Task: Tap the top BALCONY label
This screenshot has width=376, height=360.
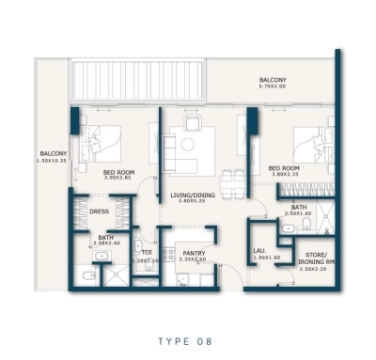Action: [x=274, y=80]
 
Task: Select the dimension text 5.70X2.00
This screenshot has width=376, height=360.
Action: [x=274, y=88]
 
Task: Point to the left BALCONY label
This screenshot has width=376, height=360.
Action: [x=53, y=153]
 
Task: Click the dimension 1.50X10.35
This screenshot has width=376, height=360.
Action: [x=53, y=161]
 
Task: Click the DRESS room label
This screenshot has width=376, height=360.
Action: [x=99, y=211]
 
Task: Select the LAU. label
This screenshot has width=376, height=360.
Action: [x=260, y=249]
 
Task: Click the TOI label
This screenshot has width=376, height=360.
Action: [x=147, y=252]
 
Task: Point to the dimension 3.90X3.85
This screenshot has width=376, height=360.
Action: [x=119, y=179]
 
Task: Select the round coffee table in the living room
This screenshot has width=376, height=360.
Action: [x=187, y=144]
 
